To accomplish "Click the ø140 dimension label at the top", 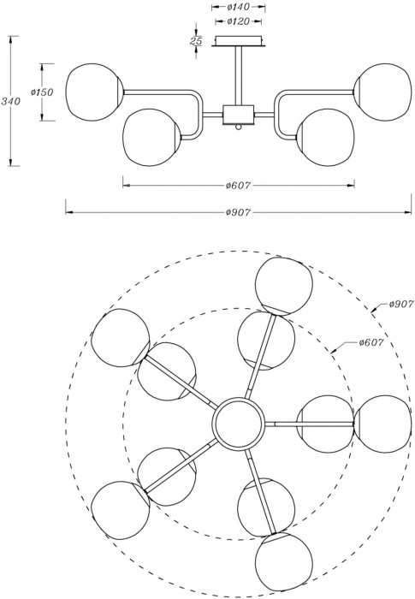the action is (238, 7).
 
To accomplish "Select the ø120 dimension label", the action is (238, 21).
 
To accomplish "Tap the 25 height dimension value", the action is (196, 40).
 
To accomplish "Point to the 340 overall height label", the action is (10, 101).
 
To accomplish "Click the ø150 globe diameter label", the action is (42, 92).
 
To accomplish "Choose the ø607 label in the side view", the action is (238, 186).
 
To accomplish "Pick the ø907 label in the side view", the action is (238, 212).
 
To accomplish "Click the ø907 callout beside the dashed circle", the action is (401, 304).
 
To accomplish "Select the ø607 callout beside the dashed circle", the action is (371, 342).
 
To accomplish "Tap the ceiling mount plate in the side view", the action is (239, 41).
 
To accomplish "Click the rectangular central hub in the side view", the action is (239, 114).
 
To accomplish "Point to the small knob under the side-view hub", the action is (239, 127).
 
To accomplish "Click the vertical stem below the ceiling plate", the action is (239, 76).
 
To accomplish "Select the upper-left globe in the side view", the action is (94, 92).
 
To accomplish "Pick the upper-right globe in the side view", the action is (382, 92).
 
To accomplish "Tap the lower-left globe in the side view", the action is (151, 137).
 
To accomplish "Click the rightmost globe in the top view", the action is (382, 424).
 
